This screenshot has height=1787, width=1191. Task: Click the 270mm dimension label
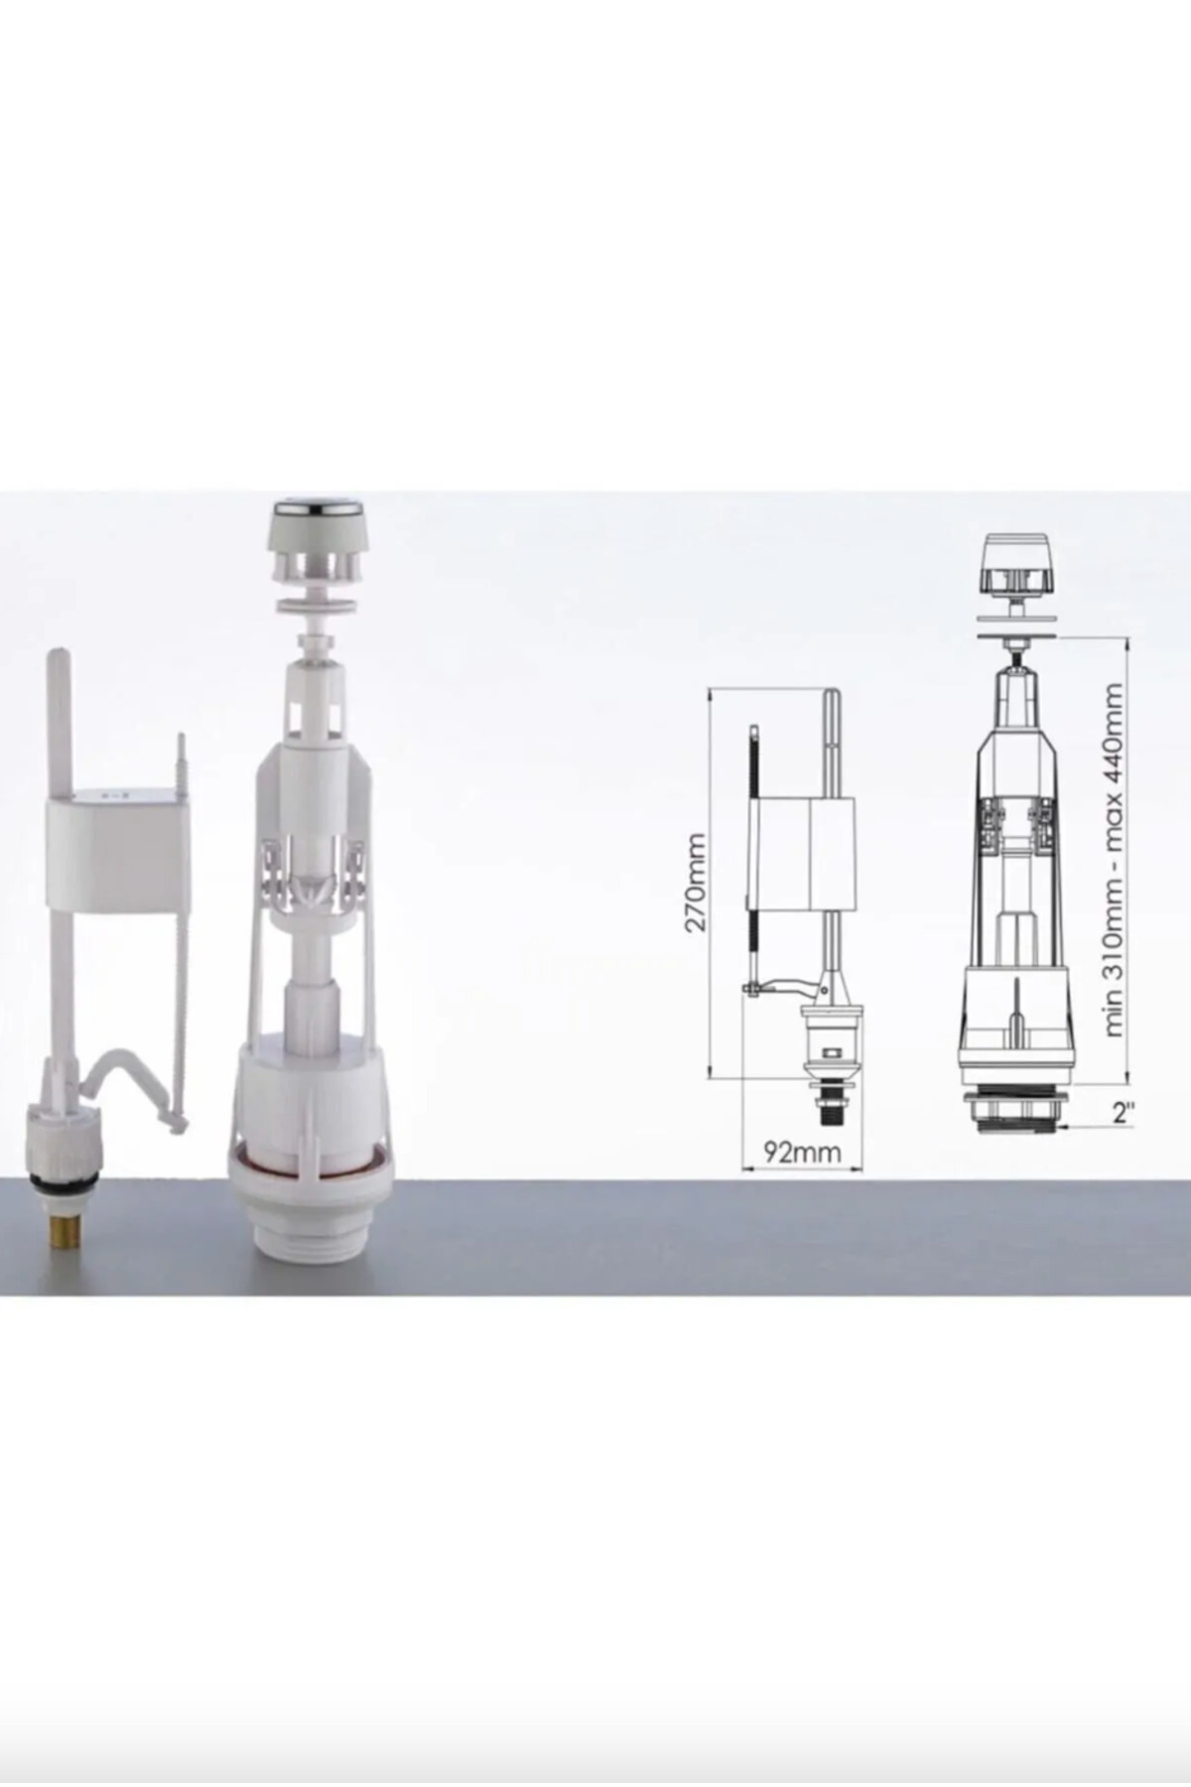click(695, 882)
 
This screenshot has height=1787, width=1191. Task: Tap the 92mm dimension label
click(802, 1153)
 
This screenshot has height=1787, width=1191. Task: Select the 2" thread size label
click(1124, 1112)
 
